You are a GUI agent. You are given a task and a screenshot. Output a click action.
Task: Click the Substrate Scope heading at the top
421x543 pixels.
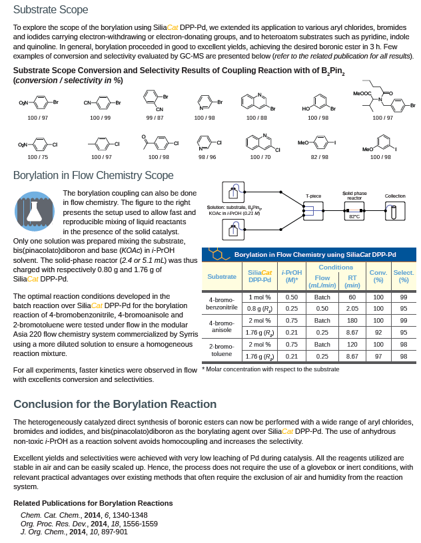click(x=51, y=10)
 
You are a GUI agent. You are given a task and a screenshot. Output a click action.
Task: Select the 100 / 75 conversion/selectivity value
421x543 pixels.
click(x=37, y=157)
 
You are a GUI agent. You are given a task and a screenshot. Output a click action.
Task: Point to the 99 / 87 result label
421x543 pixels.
click(x=155, y=118)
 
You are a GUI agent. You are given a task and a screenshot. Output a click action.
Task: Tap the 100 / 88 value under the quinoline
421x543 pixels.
click(x=256, y=118)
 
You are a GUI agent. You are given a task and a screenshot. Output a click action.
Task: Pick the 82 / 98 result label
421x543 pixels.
click(x=320, y=157)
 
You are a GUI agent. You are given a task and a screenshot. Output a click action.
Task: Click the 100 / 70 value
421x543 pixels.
click(x=260, y=157)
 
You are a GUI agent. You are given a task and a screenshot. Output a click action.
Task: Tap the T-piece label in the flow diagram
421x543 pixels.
click(x=313, y=196)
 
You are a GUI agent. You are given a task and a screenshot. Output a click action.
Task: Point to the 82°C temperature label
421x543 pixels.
click(x=354, y=216)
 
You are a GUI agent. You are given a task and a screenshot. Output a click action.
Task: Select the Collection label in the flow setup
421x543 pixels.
click(x=395, y=196)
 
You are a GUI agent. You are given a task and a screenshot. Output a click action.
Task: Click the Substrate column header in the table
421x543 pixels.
click(x=222, y=276)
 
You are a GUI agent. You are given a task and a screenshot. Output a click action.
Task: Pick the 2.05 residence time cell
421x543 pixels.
click(x=352, y=309)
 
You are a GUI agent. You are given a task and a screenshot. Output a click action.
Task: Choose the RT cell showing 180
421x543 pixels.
click(x=352, y=320)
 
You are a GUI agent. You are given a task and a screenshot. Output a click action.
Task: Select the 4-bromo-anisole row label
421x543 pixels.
click(x=221, y=326)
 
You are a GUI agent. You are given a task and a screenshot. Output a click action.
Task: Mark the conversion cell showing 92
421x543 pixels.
click(x=378, y=332)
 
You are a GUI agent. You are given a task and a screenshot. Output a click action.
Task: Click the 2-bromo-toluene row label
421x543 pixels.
click(x=221, y=350)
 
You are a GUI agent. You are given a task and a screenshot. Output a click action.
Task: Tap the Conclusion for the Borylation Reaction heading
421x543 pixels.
click(x=115, y=404)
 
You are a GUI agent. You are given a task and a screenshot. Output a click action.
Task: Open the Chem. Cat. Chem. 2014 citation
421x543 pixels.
click(x=84, y=515)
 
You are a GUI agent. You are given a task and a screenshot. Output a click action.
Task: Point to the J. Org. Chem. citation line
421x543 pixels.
click(x=74, y=532)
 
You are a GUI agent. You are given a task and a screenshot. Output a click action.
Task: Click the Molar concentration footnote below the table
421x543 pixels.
click(x=270, y=369)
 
